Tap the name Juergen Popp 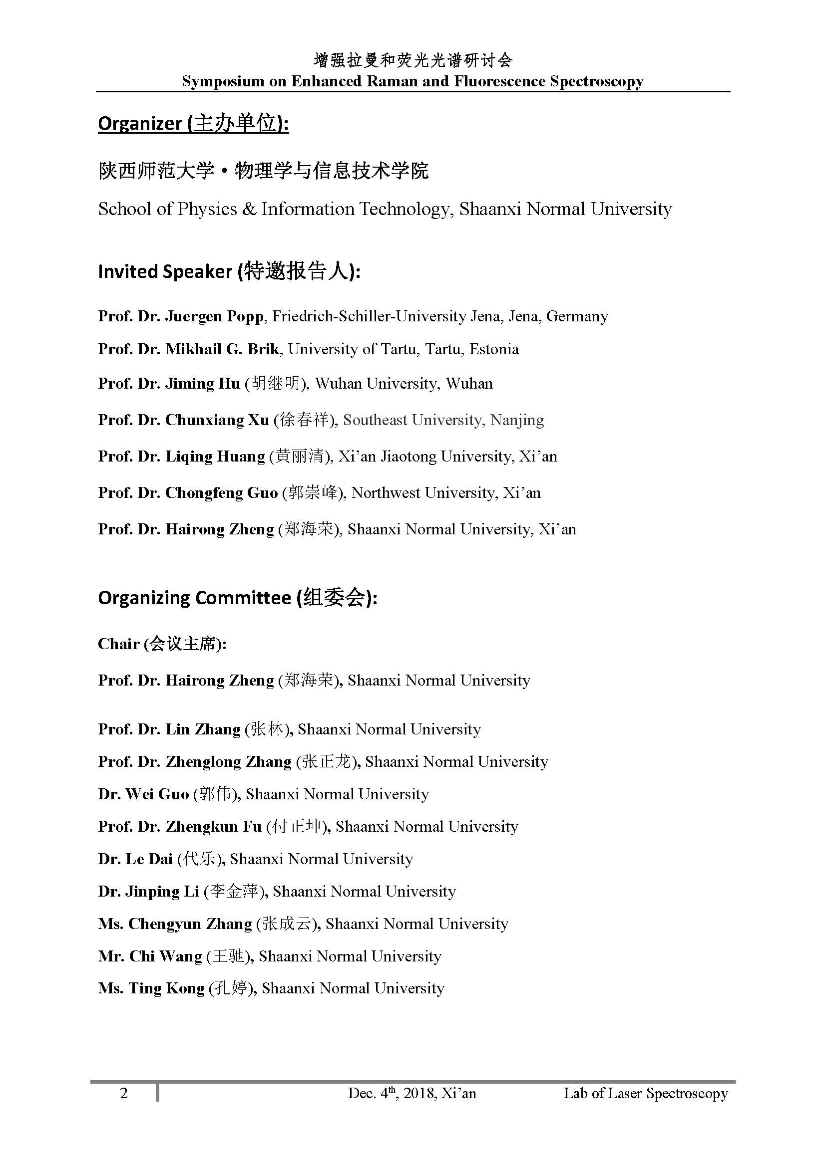coord(214,317)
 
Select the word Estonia coord(494,349)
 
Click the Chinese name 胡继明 coord(276,383)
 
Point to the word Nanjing coord(517,420)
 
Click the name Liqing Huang coord(215,457)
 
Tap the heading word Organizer coord(139,124)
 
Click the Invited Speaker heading coord(229,271)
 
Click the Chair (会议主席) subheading coord(162,644)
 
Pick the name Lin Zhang coord(202,729)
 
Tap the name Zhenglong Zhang coord(228,762)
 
